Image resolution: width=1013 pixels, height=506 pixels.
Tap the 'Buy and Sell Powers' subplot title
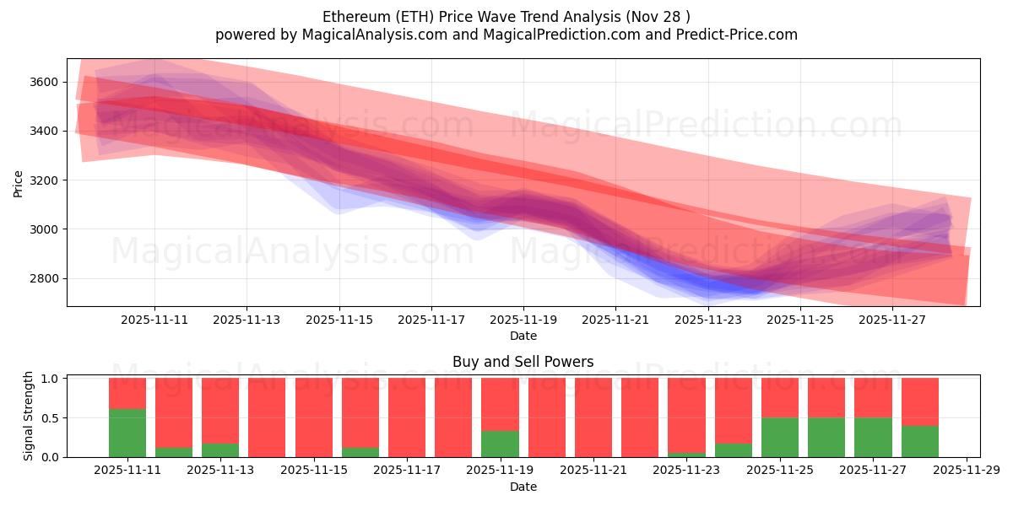[x=523, y=362]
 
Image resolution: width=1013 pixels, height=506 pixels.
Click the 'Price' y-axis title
[x=19, y=182]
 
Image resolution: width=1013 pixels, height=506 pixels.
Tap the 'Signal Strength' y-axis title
[x=29, y=416]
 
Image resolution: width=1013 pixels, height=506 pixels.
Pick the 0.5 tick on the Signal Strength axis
[x=50, y=417]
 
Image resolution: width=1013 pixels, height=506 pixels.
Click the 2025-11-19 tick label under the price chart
[x=523, y=320]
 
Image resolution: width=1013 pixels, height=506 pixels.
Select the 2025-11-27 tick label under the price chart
[x=892, y=320]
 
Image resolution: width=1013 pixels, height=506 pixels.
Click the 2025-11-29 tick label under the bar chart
[x=965, y=471]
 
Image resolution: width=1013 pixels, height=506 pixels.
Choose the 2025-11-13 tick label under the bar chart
[x=220, y=471]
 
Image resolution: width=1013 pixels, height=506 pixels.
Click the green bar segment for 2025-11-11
[x=127, y=433]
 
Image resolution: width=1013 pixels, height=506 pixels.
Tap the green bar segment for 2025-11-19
[x=500, y=444]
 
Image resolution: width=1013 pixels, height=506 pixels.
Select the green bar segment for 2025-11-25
[x=779, y=437]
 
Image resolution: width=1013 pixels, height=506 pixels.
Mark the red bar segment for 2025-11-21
[x=593, y=417]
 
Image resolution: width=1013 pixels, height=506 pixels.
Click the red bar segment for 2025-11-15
[x=314, y=417]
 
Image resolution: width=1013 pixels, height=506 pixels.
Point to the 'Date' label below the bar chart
[x=523, y=487]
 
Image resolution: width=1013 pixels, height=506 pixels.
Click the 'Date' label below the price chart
[x=523, y=336]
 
